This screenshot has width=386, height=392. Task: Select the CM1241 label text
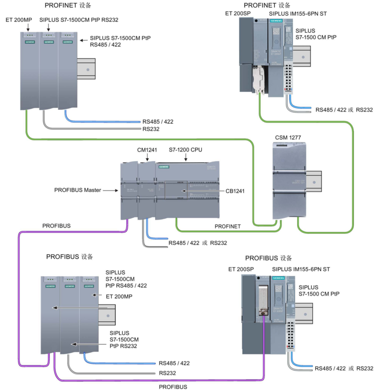click(147, 150)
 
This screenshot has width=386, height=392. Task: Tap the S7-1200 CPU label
click(186, 150)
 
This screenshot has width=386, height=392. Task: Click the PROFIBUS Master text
click(78, 190)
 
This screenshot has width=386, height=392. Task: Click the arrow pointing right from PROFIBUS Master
click(110, 191)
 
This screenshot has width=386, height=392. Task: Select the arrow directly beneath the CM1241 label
click(147, 159)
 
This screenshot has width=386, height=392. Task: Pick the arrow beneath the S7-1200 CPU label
click(186, 159)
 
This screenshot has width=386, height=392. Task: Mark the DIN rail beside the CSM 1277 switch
click(313, 181)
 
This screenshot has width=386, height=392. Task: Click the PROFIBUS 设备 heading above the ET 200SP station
click(268, 258)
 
